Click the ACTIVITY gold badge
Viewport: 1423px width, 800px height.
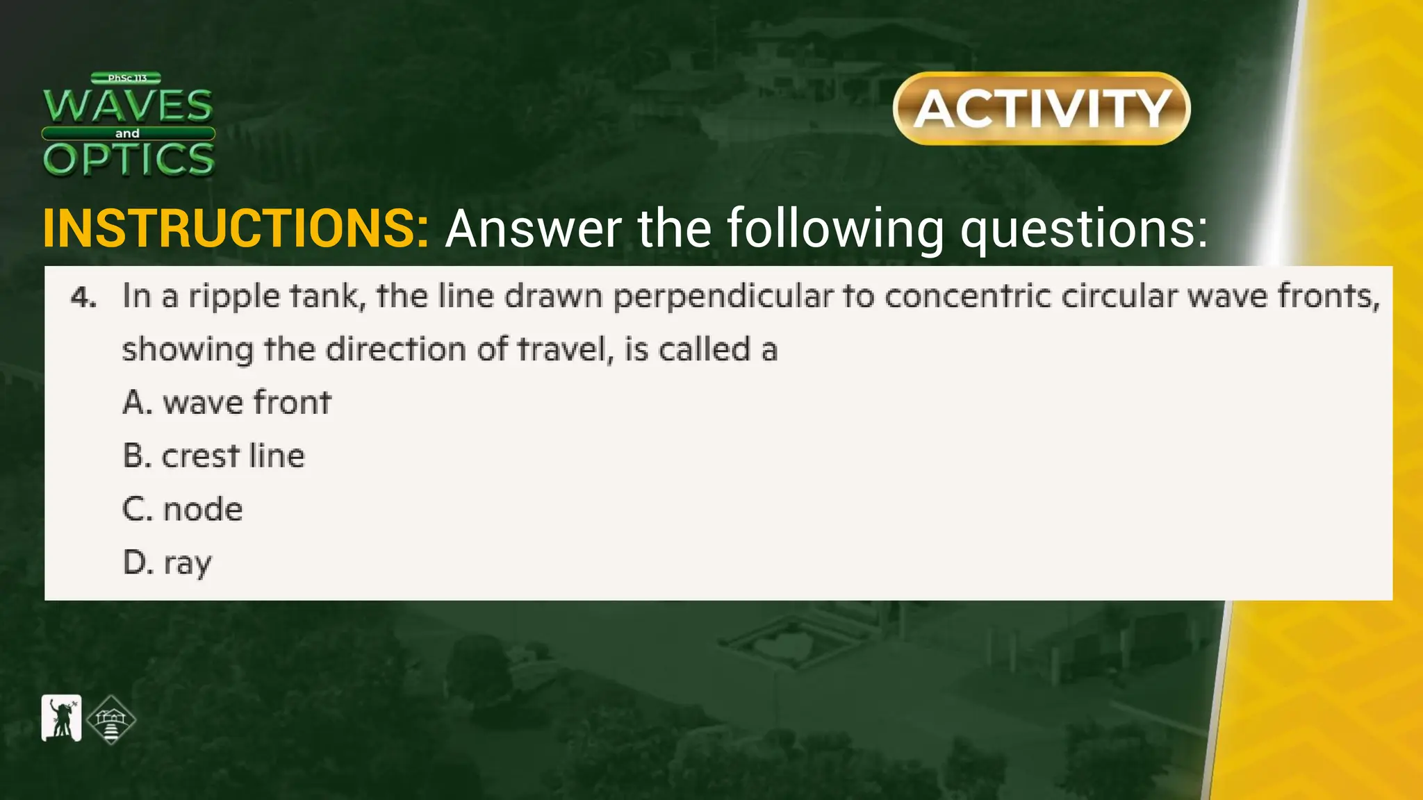tap(1042, 108)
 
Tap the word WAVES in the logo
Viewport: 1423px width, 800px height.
tap(129, 106)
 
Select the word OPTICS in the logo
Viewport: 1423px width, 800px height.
tap(129, 159)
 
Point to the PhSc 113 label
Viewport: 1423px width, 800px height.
tap(126, 78)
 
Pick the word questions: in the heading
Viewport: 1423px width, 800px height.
tap(1084, 229)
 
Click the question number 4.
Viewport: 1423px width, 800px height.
tap(83, 298)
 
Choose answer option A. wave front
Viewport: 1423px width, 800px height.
tap(227, 402)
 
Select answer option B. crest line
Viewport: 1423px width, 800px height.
tap(214, 456)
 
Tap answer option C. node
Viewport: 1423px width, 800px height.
tap(183, 509)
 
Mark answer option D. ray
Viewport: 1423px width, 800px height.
tap(167, 562)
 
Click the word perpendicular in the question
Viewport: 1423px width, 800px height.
tap(722, 297)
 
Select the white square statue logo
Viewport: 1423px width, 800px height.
tap(61, 718)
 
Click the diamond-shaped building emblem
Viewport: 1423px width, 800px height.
tap(111, 720)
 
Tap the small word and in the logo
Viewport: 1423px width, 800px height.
tap(127, 133)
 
